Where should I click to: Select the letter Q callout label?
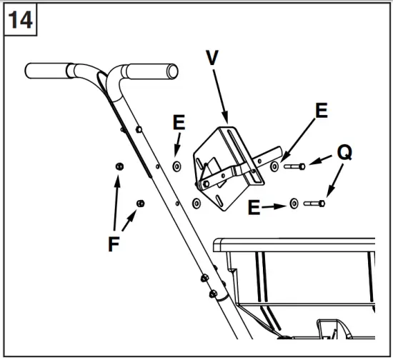click(344, 152)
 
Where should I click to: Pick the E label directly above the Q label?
click(321, 111)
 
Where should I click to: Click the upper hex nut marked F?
click(120, 166)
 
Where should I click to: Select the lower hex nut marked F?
click(140, 202)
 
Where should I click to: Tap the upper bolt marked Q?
click(296, 166)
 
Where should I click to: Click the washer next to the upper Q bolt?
click(275, 166)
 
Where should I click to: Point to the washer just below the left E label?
click(176, 166)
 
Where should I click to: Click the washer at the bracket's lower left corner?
click(196, 203)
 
